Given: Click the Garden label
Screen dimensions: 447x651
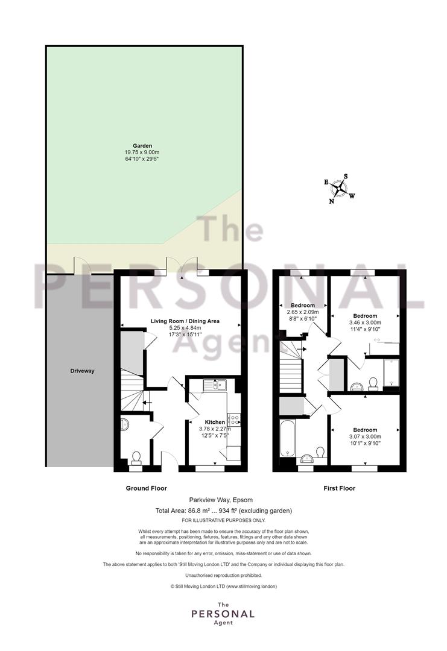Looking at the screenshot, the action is click(142, 146).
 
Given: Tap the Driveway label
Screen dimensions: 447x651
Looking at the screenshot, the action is click(82, 371).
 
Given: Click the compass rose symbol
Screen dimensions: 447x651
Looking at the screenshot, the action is click(340, 189).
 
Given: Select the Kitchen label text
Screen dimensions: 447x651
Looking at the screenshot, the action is click(215, 422).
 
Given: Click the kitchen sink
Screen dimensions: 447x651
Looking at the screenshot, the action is click(214, 386).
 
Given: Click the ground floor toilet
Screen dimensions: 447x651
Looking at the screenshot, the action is click(136, 458).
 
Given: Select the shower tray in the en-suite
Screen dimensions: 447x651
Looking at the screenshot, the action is click(392, 373).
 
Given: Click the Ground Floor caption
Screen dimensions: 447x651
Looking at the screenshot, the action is click(146, 488).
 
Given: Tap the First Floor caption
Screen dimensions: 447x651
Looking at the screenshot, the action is click(340, 488).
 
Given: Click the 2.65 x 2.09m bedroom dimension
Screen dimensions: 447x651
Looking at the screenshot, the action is click(303, 312).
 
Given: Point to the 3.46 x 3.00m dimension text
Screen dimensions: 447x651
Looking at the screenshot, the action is click(365, 322).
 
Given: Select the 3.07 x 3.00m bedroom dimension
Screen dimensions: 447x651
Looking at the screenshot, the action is click(365, 437).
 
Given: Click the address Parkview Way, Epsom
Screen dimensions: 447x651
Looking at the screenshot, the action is click(221, 500).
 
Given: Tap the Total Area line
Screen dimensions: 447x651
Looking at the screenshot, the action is click(223, 511).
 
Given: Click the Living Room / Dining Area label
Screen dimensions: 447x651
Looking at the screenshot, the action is click(185, 321).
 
